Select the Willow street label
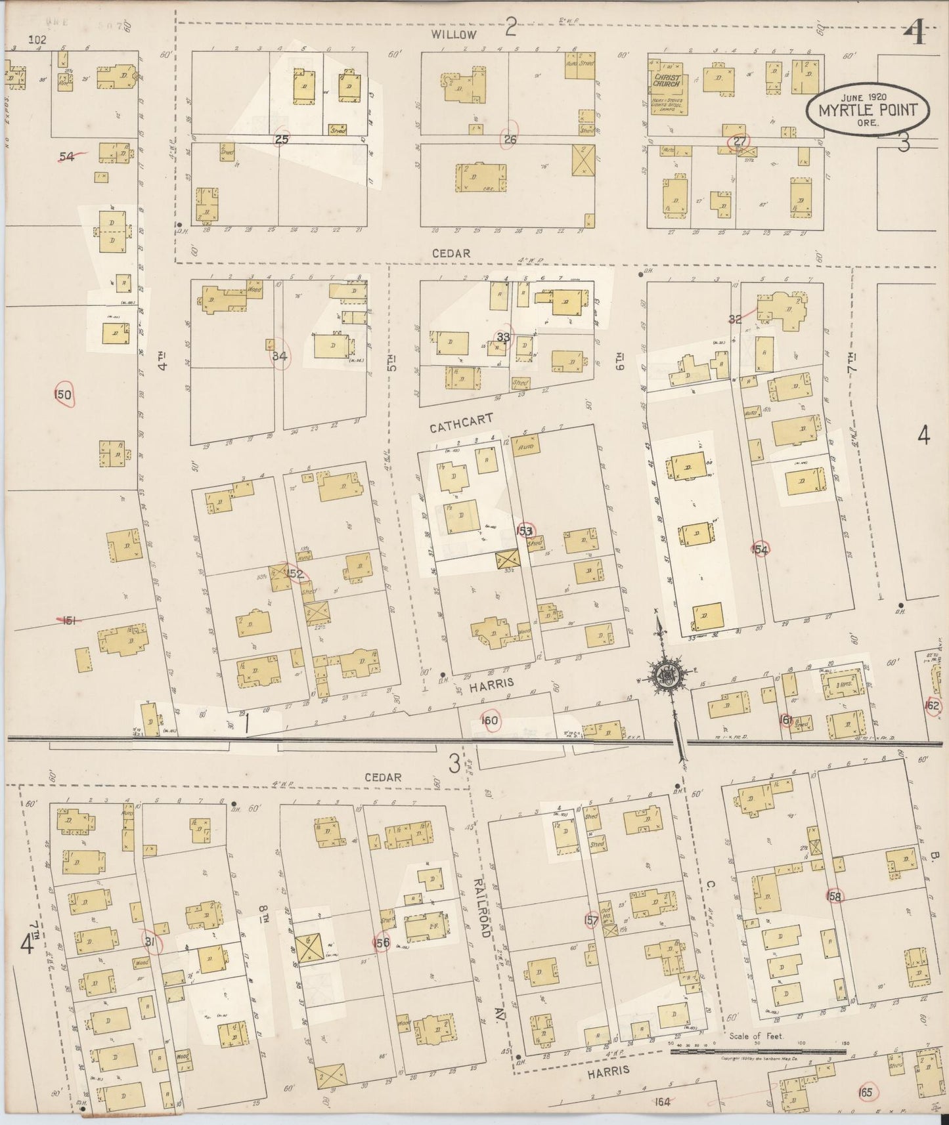tap(454, 34)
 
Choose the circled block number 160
tap(490, 721)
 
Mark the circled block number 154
tap(761, 550)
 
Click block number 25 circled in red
tap(282, 139)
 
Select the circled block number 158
tap(835, 896)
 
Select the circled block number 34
tap(280, 356)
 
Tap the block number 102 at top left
tap(37, 39)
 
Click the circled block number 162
tap(931, 706)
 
